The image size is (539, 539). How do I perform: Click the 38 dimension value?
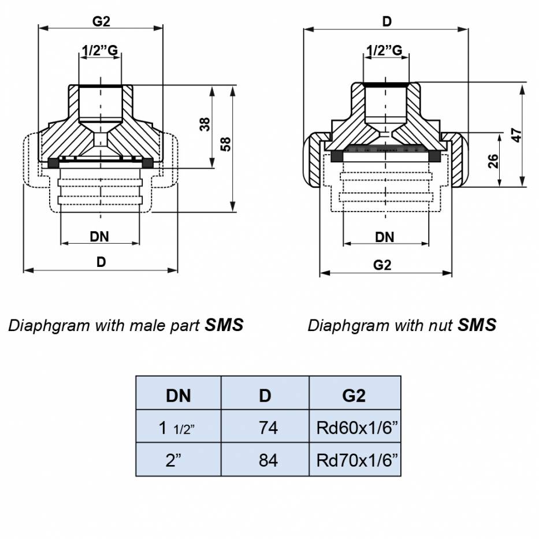click(205, 125)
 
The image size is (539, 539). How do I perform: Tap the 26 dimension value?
click(493, 161)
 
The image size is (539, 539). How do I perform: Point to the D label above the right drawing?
click(387, 21)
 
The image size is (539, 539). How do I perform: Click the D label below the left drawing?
click(101, 262)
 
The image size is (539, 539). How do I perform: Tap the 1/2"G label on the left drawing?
click(100, 50)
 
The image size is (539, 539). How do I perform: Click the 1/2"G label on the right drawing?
click(385, 50)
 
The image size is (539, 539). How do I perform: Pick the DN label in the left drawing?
click(99, 236)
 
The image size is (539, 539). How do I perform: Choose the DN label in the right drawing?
click(385, 237)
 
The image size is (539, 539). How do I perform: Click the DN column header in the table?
click(179, 396)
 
